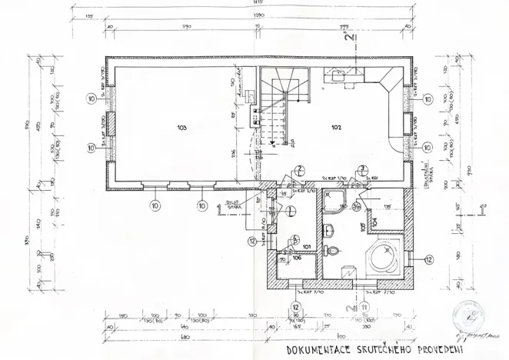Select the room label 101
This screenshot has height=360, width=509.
(x=307, y=246)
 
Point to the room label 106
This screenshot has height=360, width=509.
(x=298, y=258)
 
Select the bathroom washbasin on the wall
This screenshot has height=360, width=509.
(x=329, y=229)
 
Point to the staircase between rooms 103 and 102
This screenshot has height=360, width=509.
(x=283, y=108)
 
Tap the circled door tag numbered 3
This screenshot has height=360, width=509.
(x=361, y=168)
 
